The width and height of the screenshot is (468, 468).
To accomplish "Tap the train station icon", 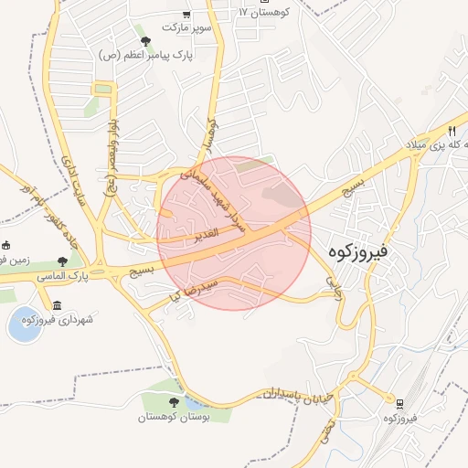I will pos(399,403).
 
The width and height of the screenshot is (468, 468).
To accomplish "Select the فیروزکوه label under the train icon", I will pos(400,418).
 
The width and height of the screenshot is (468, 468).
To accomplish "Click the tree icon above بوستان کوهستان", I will pos(174,402).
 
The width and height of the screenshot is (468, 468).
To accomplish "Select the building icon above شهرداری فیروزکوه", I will pos(58,304).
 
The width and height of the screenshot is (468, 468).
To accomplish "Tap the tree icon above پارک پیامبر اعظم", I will pos(145,41).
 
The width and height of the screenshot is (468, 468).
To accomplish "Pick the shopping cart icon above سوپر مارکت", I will pos(186,14).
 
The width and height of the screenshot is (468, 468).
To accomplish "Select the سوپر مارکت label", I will pos(186,27).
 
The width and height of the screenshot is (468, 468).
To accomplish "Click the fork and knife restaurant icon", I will pos(452,131).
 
